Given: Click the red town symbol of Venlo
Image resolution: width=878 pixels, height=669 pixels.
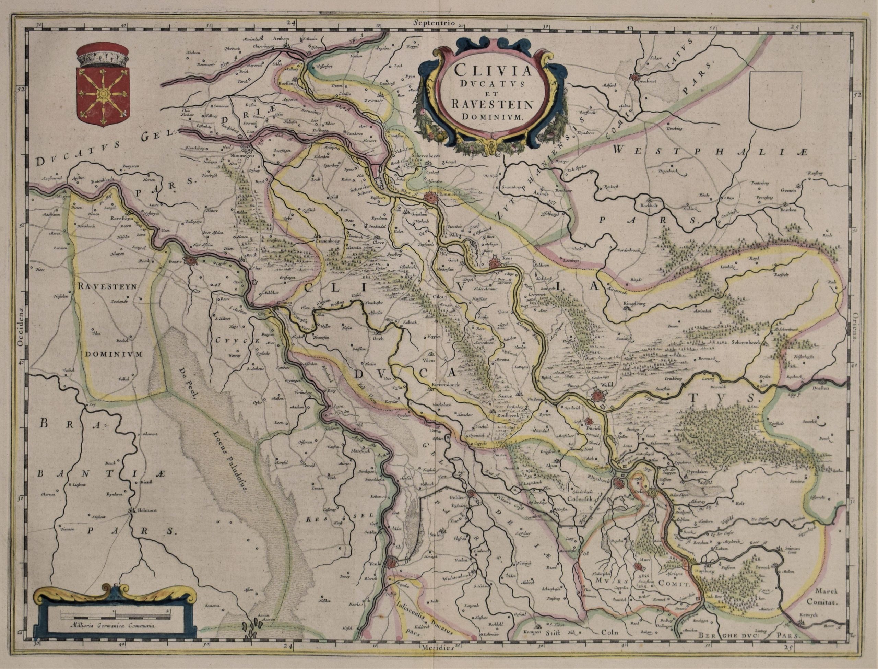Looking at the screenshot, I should [x=392, y=563].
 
